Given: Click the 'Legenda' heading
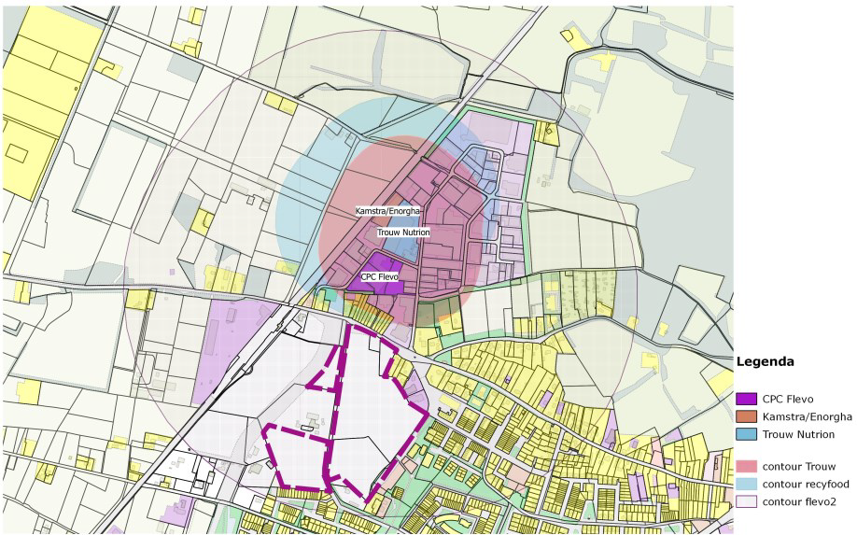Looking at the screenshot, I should click(x=766, y=361).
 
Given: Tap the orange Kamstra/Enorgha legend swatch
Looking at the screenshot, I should click(x=746, y=416).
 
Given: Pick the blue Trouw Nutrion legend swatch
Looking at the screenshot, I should click(x=746, y=434).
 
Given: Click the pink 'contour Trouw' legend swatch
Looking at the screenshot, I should click(x=746, y=466).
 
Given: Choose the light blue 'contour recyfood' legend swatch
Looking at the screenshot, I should click(x=746, y=484).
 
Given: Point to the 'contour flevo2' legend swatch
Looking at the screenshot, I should click(x=746, y=501).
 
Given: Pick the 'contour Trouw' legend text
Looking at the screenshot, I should click(x=799, y=466).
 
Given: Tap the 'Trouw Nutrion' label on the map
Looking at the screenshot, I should click(x=403, y=232).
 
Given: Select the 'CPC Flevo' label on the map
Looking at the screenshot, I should click(x=380, y=277).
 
